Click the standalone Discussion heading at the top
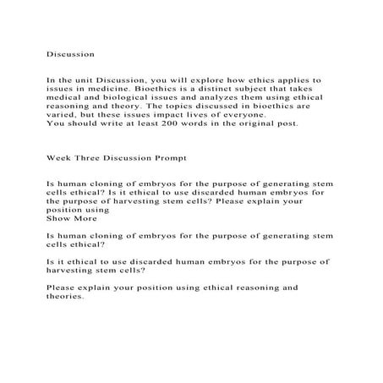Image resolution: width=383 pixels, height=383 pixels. (x=70, y=53)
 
